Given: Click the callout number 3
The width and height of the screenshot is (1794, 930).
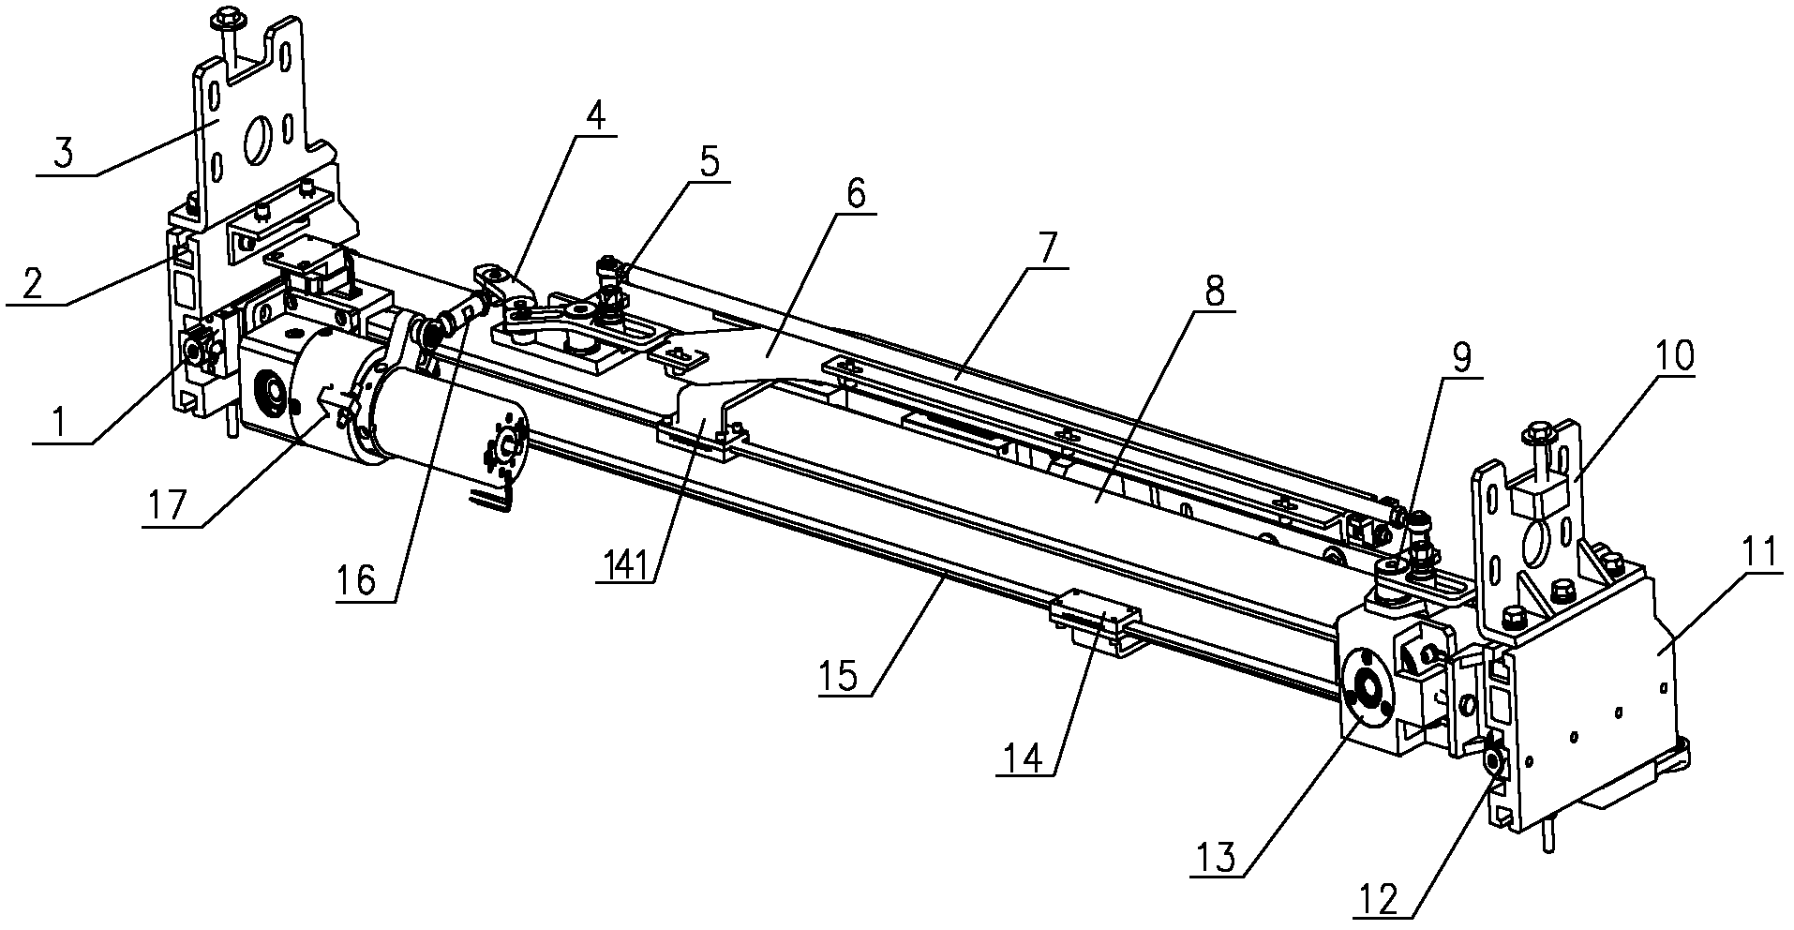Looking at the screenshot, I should point(63,152).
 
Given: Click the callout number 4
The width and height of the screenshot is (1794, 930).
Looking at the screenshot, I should point(594,117).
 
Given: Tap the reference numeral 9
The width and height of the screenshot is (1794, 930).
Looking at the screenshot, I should point(1460,357).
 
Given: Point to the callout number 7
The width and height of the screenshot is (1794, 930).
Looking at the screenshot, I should point(1046,248).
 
